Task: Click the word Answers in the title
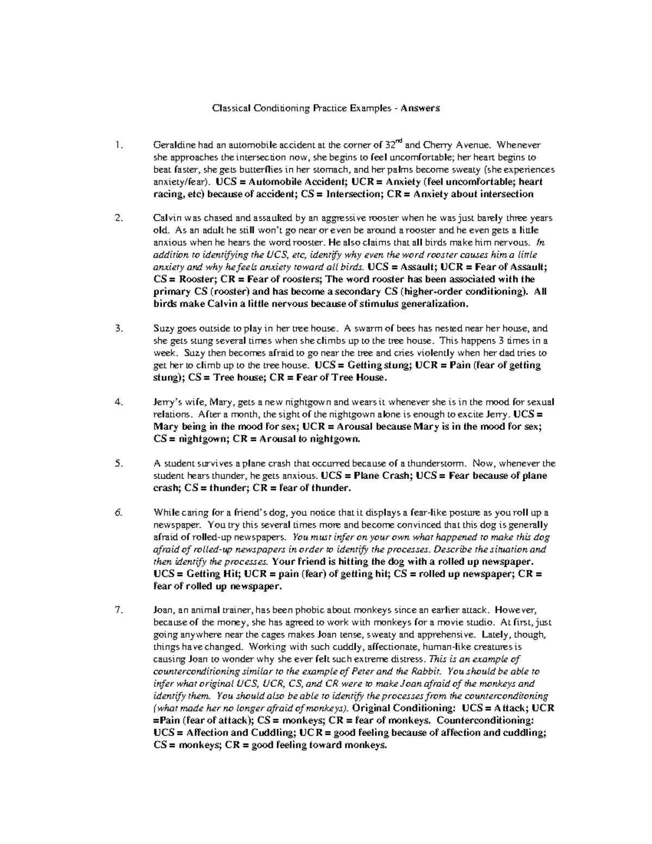tap(419, 108)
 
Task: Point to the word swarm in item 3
tap(367, 329)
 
